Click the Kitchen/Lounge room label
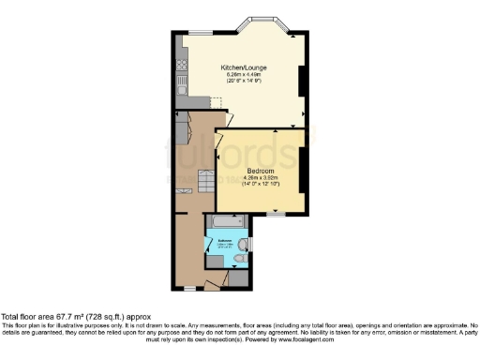[241, 68]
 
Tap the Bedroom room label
[260, 171]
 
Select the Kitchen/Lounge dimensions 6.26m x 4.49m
[241, 75]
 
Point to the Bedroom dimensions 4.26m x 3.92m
[260, 178]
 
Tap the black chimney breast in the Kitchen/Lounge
[301, 84]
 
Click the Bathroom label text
[226, 242]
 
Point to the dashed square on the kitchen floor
[215, 103]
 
